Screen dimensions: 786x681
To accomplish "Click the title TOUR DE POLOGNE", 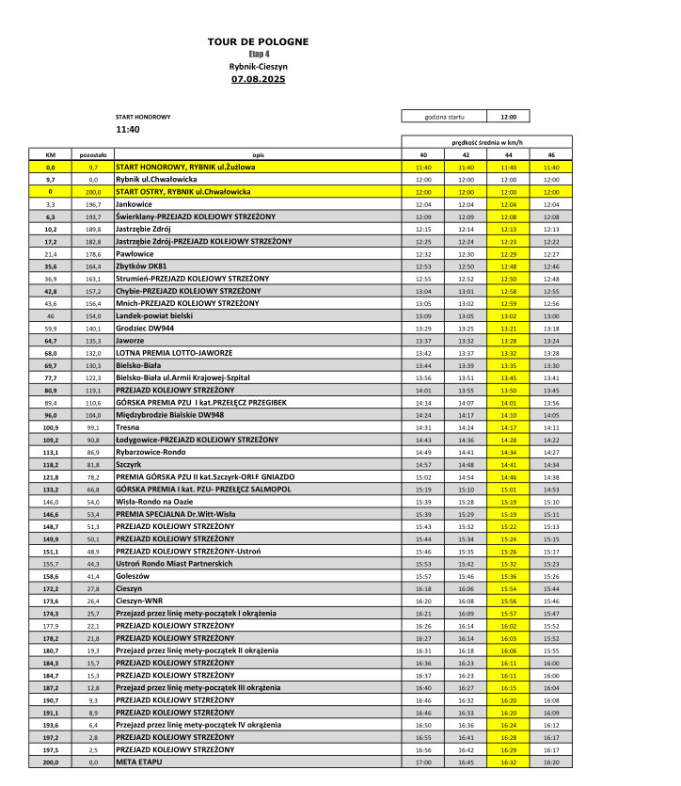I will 258,42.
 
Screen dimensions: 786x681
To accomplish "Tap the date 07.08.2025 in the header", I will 258,79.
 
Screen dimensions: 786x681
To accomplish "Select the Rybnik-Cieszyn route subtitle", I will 258,67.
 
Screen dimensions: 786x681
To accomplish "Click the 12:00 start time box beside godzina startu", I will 508,117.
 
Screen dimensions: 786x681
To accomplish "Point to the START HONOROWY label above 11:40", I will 143,117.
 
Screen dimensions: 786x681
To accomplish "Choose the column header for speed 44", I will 508,154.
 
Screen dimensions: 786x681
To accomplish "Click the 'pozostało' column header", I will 93,154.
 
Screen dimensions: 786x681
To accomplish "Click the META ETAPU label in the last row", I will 138,761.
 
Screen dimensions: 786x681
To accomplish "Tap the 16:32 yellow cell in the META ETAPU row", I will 508,761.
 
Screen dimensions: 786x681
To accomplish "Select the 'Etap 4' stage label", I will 258,55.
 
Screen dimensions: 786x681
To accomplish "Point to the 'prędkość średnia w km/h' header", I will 486,141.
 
